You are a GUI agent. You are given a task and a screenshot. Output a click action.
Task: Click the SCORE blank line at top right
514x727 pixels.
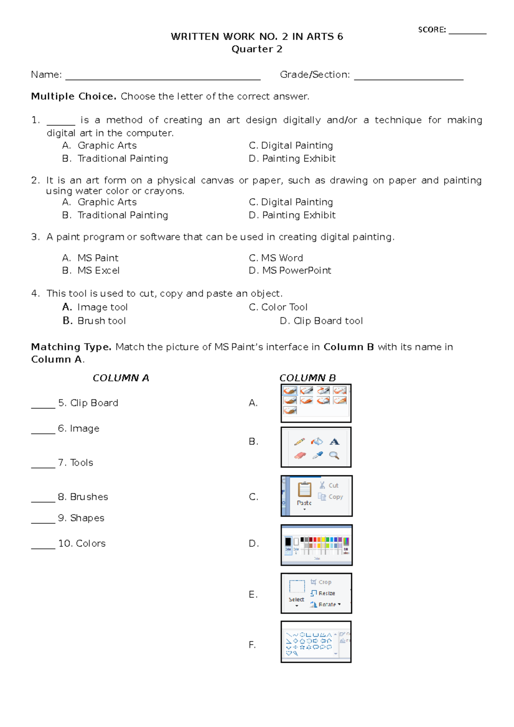coord(467,33)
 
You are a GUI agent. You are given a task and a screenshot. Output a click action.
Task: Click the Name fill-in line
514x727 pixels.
coord(163,79)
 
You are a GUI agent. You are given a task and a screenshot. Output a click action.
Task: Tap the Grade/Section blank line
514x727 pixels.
coord(409,79)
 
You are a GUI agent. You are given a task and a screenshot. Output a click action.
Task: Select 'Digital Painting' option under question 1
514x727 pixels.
coord(291,146)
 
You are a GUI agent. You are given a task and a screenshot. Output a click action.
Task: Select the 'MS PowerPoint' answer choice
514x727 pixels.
coord(290,271)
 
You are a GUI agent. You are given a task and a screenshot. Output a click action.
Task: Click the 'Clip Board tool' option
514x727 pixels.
coord(321,321)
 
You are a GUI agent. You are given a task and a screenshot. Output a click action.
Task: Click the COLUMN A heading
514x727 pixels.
coord(121,378)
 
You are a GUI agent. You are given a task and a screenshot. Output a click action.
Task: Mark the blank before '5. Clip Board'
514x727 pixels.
coord(43,407)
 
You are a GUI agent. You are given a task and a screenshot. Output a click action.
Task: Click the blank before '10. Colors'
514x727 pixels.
coord(43,547)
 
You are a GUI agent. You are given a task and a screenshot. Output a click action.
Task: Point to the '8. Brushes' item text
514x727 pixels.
coord(83,497)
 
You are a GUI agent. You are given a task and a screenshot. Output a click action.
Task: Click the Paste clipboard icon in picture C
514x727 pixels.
coord(305,489)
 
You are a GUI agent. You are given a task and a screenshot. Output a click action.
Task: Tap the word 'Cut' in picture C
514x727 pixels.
coord(333,486)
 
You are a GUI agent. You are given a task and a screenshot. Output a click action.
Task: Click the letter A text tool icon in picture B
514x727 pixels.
coord(335,441)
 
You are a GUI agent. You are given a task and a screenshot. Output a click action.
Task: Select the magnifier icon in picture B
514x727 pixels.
coord(334,456)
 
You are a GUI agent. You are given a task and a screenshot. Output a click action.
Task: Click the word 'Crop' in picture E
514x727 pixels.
coord(325,582)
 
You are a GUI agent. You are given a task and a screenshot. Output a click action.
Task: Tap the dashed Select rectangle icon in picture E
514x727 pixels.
coord(296,587)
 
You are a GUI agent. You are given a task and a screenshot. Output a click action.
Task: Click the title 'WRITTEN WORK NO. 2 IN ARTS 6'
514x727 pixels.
coord(257,36)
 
